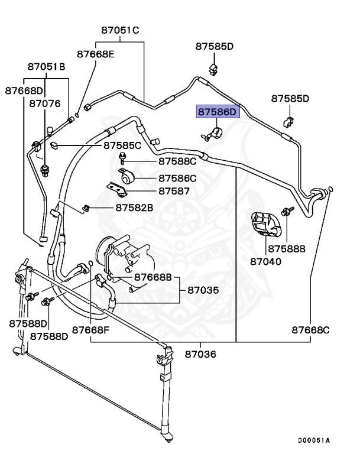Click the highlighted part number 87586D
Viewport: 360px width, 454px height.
(216, 111)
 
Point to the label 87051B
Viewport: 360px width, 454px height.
(46, 67)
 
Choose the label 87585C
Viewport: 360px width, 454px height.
(122, 145)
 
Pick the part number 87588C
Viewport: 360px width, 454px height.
(177, 161)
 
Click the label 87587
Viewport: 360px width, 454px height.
(174, 191)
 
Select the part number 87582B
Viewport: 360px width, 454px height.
(134, 207)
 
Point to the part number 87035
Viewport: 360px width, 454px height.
(203, 290)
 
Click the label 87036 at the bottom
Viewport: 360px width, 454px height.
(200, 354)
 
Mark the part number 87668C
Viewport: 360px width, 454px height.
(311, 329)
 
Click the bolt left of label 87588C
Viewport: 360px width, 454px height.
(122, 158)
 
